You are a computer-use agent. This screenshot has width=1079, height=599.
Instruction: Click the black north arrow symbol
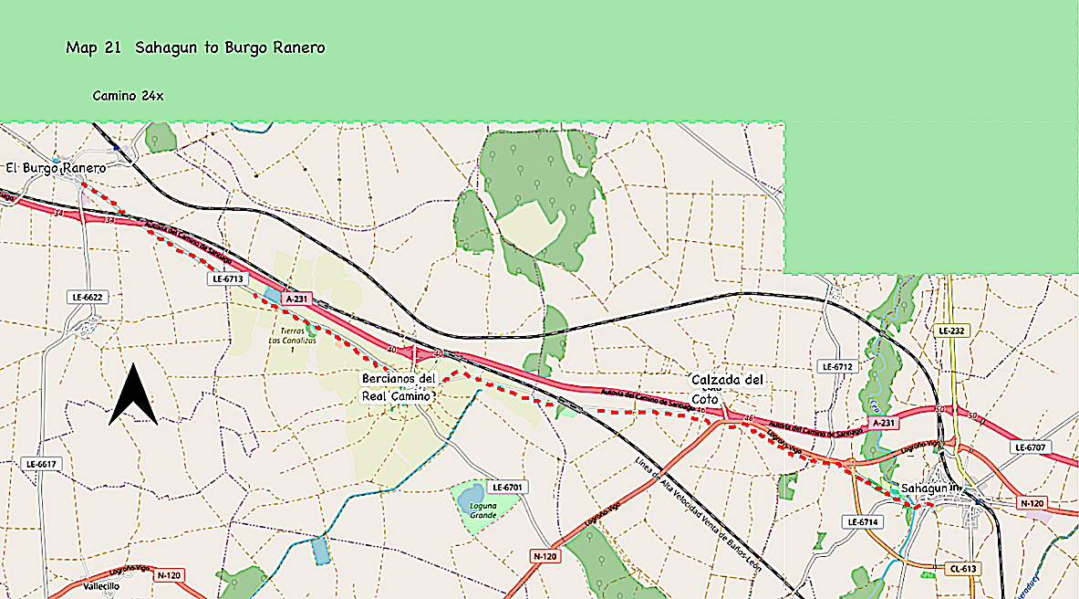(x=133, y=395)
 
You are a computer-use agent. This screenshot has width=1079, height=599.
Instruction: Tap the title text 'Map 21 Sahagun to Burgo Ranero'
(x=195, y=47)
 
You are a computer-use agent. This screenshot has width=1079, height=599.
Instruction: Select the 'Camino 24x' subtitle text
(x=128, y=96)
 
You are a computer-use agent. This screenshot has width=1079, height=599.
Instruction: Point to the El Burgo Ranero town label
(x=56, y=168)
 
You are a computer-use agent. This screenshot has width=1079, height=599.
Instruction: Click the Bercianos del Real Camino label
(x=399, y=387)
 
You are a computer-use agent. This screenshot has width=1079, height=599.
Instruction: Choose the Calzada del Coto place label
(x=727, y=388)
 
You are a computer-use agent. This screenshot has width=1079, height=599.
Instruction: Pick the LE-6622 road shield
(x=88, y=297)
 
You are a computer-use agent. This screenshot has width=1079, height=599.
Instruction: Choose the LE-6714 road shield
(x=862, y=522)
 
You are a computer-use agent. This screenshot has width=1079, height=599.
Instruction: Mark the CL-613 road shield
(x=962, y=568)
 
